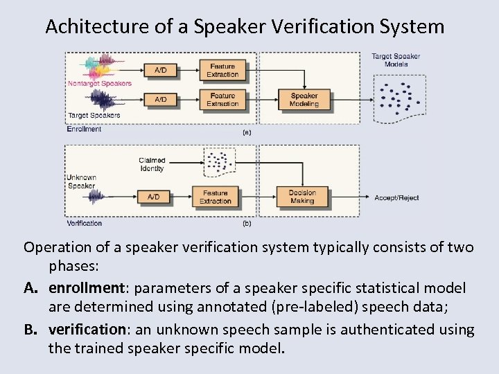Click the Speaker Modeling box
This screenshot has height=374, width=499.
coord(304,100)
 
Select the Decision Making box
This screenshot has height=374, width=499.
coord(302,197)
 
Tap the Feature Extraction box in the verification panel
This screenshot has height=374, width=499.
coord(216,197)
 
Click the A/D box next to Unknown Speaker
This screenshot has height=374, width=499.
coord(153,197)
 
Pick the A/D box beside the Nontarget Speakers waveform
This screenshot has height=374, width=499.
coord(160,70)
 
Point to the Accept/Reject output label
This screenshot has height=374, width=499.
coord(396,197)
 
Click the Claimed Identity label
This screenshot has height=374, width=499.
coord(152,164)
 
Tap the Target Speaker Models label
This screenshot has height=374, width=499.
coord(396,60)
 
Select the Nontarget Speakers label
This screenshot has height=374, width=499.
coord(99,84)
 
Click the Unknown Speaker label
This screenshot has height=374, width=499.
coord(81,181)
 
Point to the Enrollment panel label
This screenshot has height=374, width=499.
coord(84,129)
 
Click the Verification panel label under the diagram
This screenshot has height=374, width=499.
coord(85,223)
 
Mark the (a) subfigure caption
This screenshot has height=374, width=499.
coord(246,131)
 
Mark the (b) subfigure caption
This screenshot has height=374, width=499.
coord(246,224)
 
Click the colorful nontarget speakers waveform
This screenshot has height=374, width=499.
coord(101,67)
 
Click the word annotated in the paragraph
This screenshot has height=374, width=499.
coord(230,308)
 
